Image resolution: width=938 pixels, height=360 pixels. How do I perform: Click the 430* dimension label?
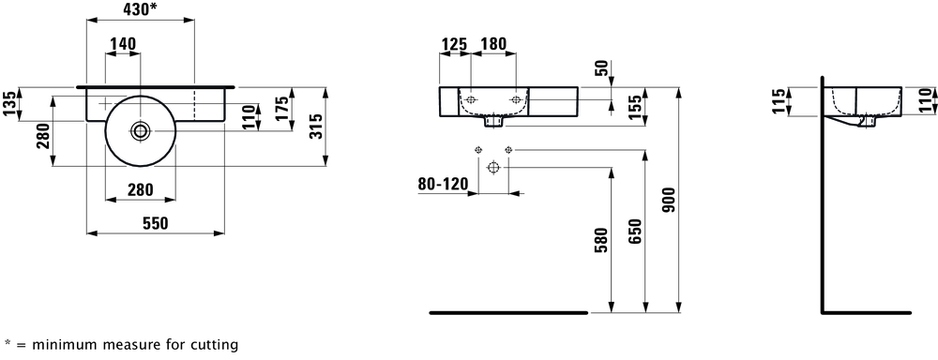[x=142, y=9]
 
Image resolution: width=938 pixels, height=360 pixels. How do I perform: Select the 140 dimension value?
[x=123, y=44]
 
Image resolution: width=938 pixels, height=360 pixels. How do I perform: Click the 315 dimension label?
[x=316, y=127]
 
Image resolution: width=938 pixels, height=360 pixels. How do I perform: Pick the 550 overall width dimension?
[x=155, y=223]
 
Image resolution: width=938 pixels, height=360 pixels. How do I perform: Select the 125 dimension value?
[x=454, y=44]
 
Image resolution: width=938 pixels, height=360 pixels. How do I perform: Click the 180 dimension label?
[x=493, y=44]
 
